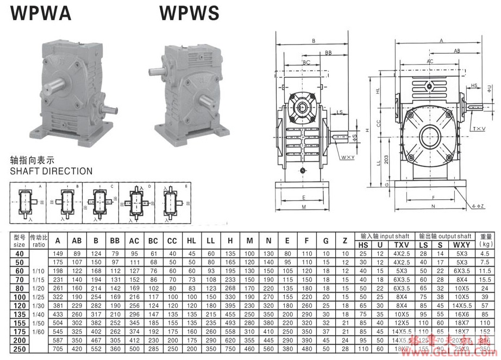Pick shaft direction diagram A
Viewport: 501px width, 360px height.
click(x=28, y=203)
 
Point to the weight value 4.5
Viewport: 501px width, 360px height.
click(x=486, y=254)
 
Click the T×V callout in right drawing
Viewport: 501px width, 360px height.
click(x=478, y=129)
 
